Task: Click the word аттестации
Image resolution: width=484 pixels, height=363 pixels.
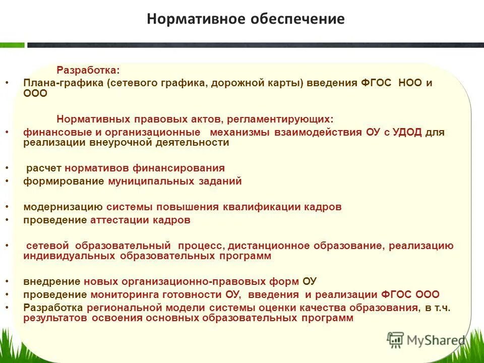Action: pyautogui.click(x=122, y=220)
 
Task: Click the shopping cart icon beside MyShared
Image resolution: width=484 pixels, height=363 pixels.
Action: pyautogui.click(x=396, y=339)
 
